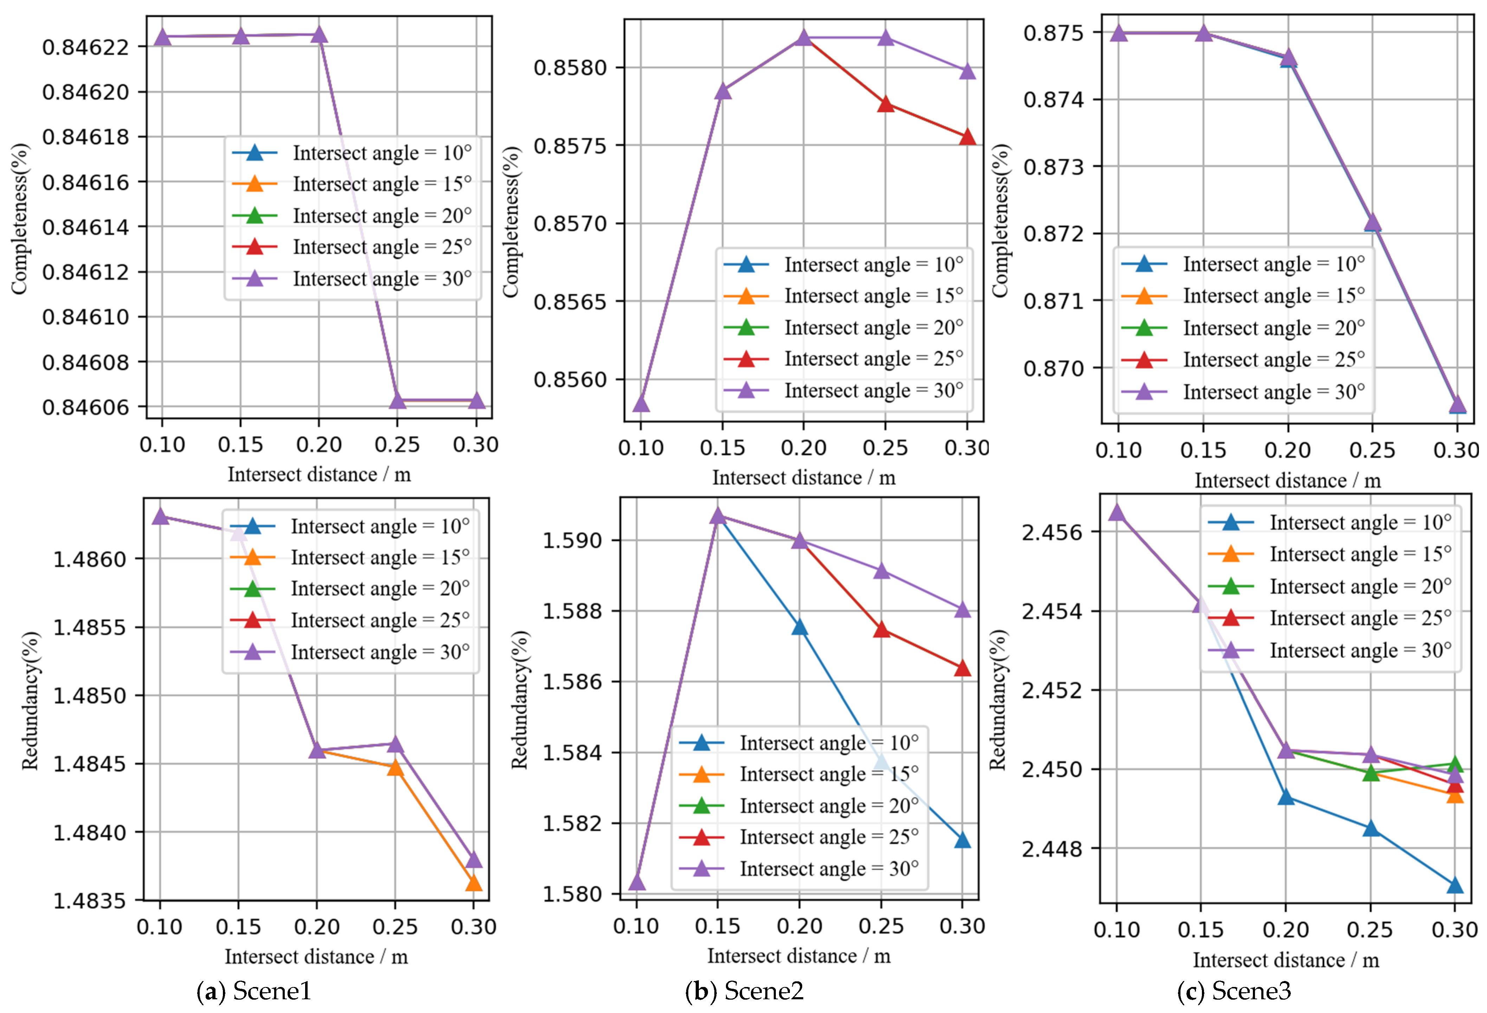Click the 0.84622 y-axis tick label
pyautogui.click(x=85, y=47)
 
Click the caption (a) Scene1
pyautogui.click(x=254, y=990)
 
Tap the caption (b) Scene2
pyautogui.click(x=744, y=990)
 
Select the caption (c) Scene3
pyautogui.click(x=1234, y=990)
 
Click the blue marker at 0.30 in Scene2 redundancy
pyautogui.click(x=962, y=840)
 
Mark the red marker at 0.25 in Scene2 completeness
pyautogui.click(x=886, y=104)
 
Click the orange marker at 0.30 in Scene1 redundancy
pyautogui.click(x=474, y=884)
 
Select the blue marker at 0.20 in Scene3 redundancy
pyautogui.click(x=1286, y=797)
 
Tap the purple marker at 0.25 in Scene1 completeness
pyautogui.click(x=397, y=400)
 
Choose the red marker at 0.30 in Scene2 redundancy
pyautogui.click(x=962, y=669)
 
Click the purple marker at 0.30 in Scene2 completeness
pyautogui.click(x=967, y=71)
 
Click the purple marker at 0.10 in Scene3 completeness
pyautogui.click(x=1119, y=33)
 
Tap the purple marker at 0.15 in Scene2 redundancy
pyautogui.click(x=718, y=516)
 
